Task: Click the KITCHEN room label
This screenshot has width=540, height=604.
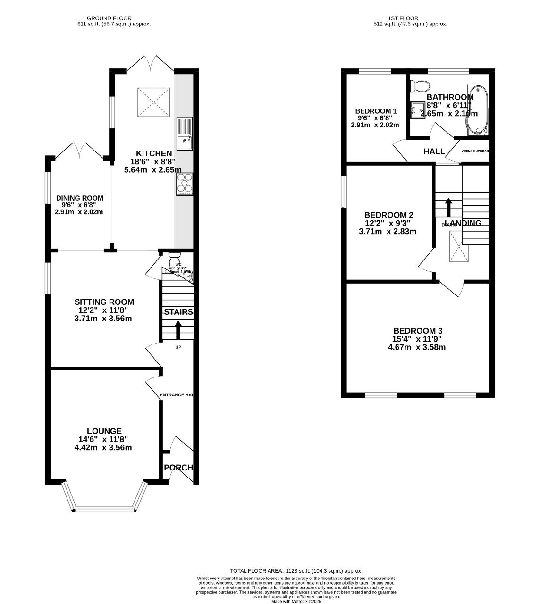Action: tap(154, 153)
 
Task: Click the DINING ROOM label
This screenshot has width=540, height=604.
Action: tap(79, 198)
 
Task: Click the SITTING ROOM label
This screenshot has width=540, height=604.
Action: tap(104, 302)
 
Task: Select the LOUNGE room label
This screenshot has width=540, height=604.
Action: tap(104, 431)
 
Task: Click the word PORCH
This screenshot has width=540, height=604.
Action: tap(178, 468)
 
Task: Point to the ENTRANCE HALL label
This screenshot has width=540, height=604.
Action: tap(177, 395)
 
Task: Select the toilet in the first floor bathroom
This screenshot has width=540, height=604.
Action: tap(420, 86)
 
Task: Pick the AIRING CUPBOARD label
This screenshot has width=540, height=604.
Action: tap(475, 151)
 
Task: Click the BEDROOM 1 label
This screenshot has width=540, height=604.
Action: tap(376, 111)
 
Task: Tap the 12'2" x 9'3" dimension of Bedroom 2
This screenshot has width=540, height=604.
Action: tap(388, 223)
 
